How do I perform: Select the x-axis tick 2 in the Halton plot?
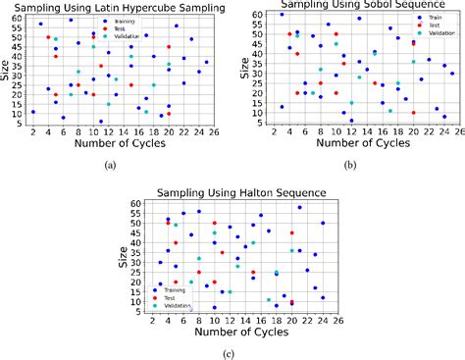click(x=151, y=318)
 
